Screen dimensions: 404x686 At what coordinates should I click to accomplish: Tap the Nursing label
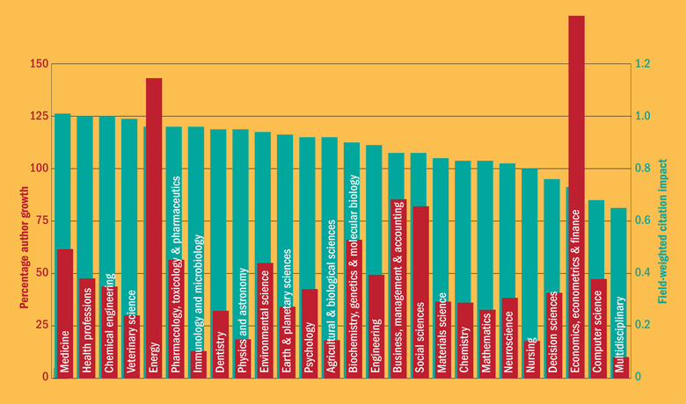coord(531,356)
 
